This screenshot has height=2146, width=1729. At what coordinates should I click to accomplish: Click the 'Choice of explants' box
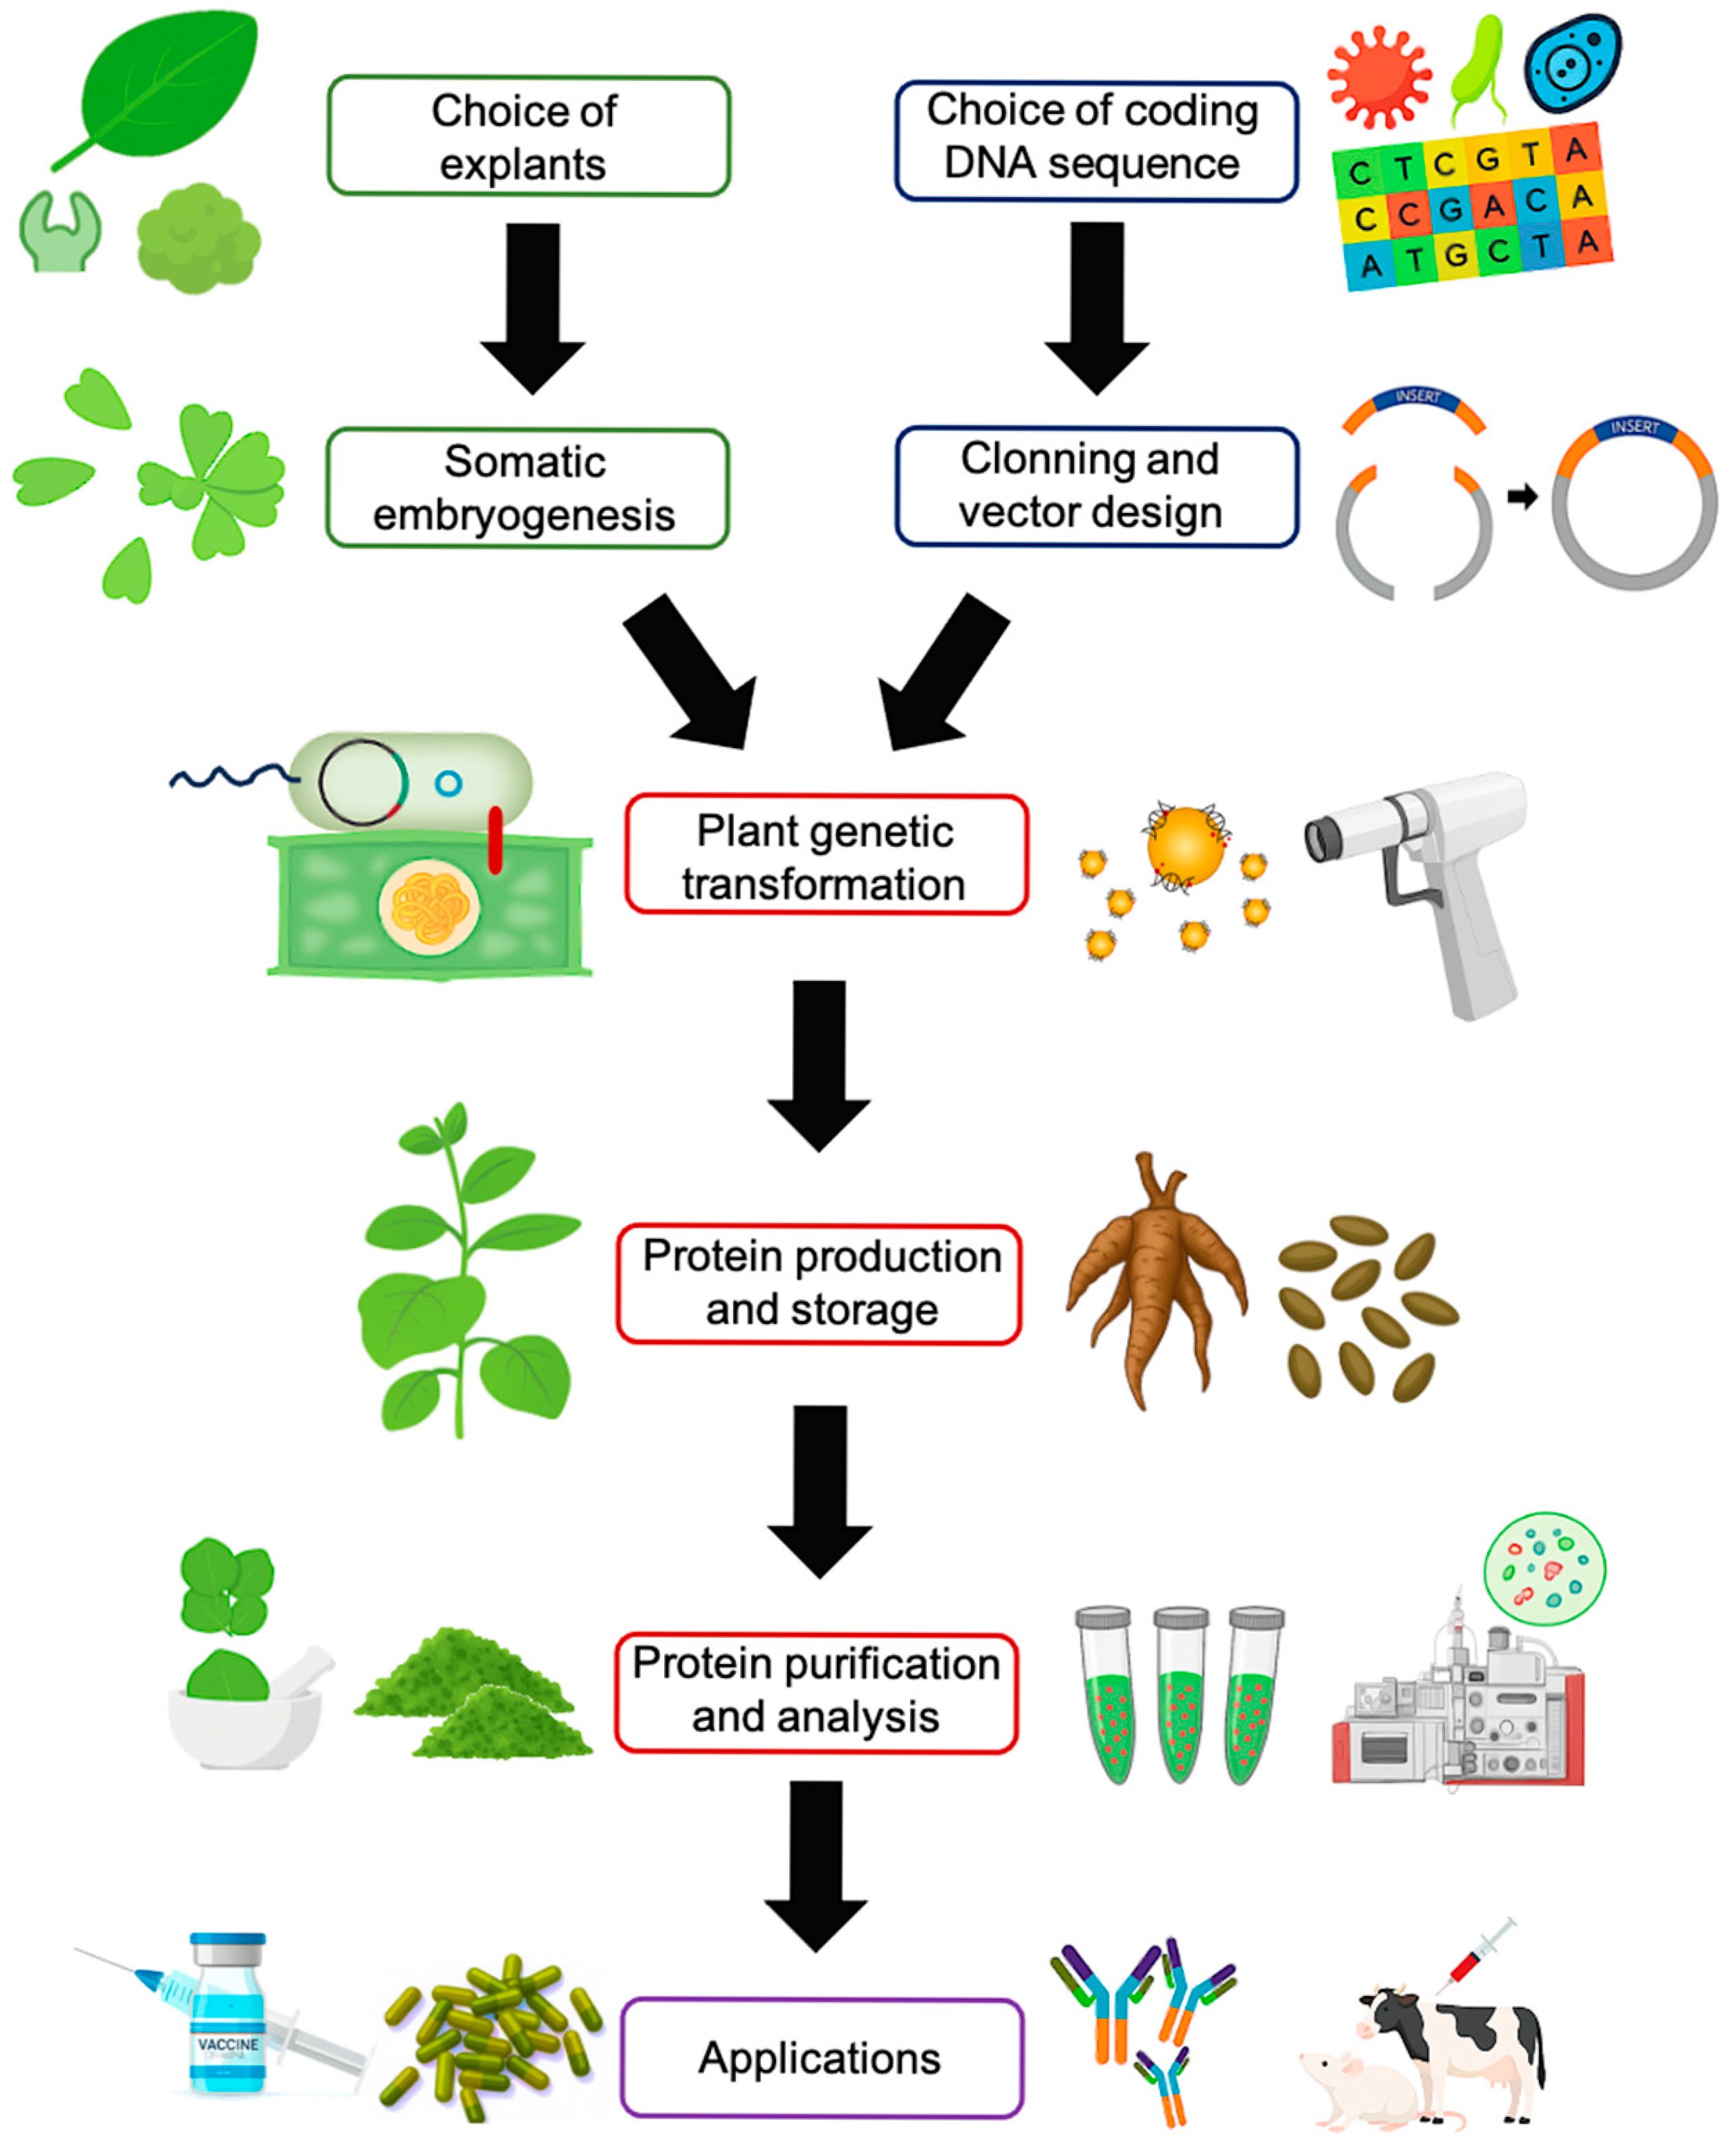[528, 136]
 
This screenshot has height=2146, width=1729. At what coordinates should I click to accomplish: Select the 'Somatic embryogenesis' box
[527, 488]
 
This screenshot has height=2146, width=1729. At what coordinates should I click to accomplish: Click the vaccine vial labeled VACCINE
[228, 2013]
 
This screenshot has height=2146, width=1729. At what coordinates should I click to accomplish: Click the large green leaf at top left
[169, 84]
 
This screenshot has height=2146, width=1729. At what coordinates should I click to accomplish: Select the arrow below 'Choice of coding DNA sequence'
[1097, 304]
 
